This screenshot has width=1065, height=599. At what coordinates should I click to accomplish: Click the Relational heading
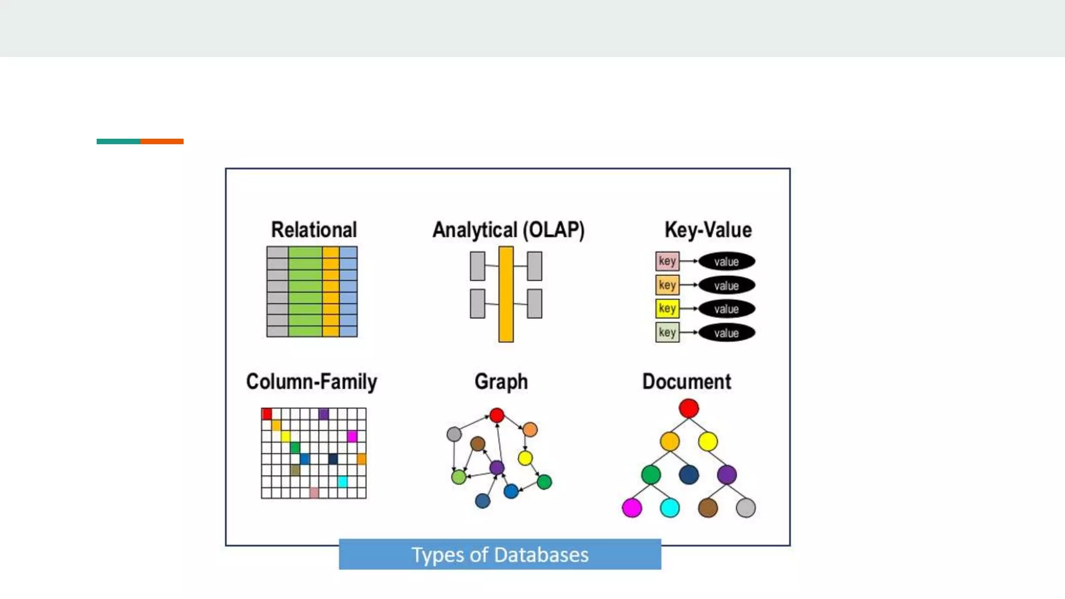[314, 230]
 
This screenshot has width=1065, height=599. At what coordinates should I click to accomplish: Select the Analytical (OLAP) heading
[508, 230]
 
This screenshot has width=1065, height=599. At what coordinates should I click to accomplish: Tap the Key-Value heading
[708, 230]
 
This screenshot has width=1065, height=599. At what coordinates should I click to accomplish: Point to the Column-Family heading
[311, 382]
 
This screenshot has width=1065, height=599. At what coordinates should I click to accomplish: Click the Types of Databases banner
[500, 554]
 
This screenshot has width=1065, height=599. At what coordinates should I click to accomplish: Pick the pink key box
[667, 261]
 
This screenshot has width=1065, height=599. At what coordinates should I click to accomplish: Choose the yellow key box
[667, 309]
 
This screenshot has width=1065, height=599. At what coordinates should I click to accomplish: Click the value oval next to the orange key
[726, 285]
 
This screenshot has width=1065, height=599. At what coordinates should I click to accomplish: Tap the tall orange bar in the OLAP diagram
[505, 294]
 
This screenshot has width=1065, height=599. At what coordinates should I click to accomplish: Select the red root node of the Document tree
[689, 409]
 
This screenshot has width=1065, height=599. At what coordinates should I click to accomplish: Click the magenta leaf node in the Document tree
[632, 507]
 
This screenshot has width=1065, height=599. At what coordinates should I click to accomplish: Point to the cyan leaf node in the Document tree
[669, 507]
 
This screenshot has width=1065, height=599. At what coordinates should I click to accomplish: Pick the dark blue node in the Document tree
[689, 475]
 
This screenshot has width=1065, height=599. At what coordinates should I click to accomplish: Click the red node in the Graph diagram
[497, 415]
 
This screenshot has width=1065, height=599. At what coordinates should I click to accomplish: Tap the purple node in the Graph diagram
[497, 467]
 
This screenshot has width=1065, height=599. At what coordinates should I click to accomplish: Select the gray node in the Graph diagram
[454, 434]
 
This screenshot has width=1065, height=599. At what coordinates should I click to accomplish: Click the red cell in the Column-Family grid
[267, 414]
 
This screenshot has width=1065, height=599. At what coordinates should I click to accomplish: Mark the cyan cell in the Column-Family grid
[342, 481]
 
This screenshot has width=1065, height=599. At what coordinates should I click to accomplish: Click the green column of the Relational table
[305, 292]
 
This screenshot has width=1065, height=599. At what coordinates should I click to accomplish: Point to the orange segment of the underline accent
[162, 141]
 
